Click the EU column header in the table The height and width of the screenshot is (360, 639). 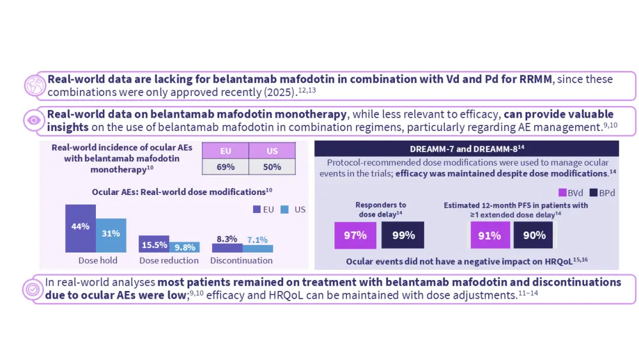(x=225, y=151)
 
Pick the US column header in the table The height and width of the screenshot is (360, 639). (x=272, y=151)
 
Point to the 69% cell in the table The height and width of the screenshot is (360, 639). (x=225, y=166)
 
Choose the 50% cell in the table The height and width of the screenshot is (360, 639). (x=272, y=166)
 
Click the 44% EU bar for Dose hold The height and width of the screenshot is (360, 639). (x=81, y=228)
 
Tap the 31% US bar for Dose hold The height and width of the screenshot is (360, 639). (x=111, y=235)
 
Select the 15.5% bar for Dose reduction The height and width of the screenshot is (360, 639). (x=154, y=244)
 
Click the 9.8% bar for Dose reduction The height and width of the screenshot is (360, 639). (x=185, y=247)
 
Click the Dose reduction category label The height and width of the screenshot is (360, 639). (x=169, y=261)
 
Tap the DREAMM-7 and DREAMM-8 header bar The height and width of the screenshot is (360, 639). (x=466, y=148)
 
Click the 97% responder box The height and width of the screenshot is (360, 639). (x=355, y=235)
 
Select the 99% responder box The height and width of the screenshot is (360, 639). (x=403, y=235)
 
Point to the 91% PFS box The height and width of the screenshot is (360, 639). (x=490, y=235)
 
